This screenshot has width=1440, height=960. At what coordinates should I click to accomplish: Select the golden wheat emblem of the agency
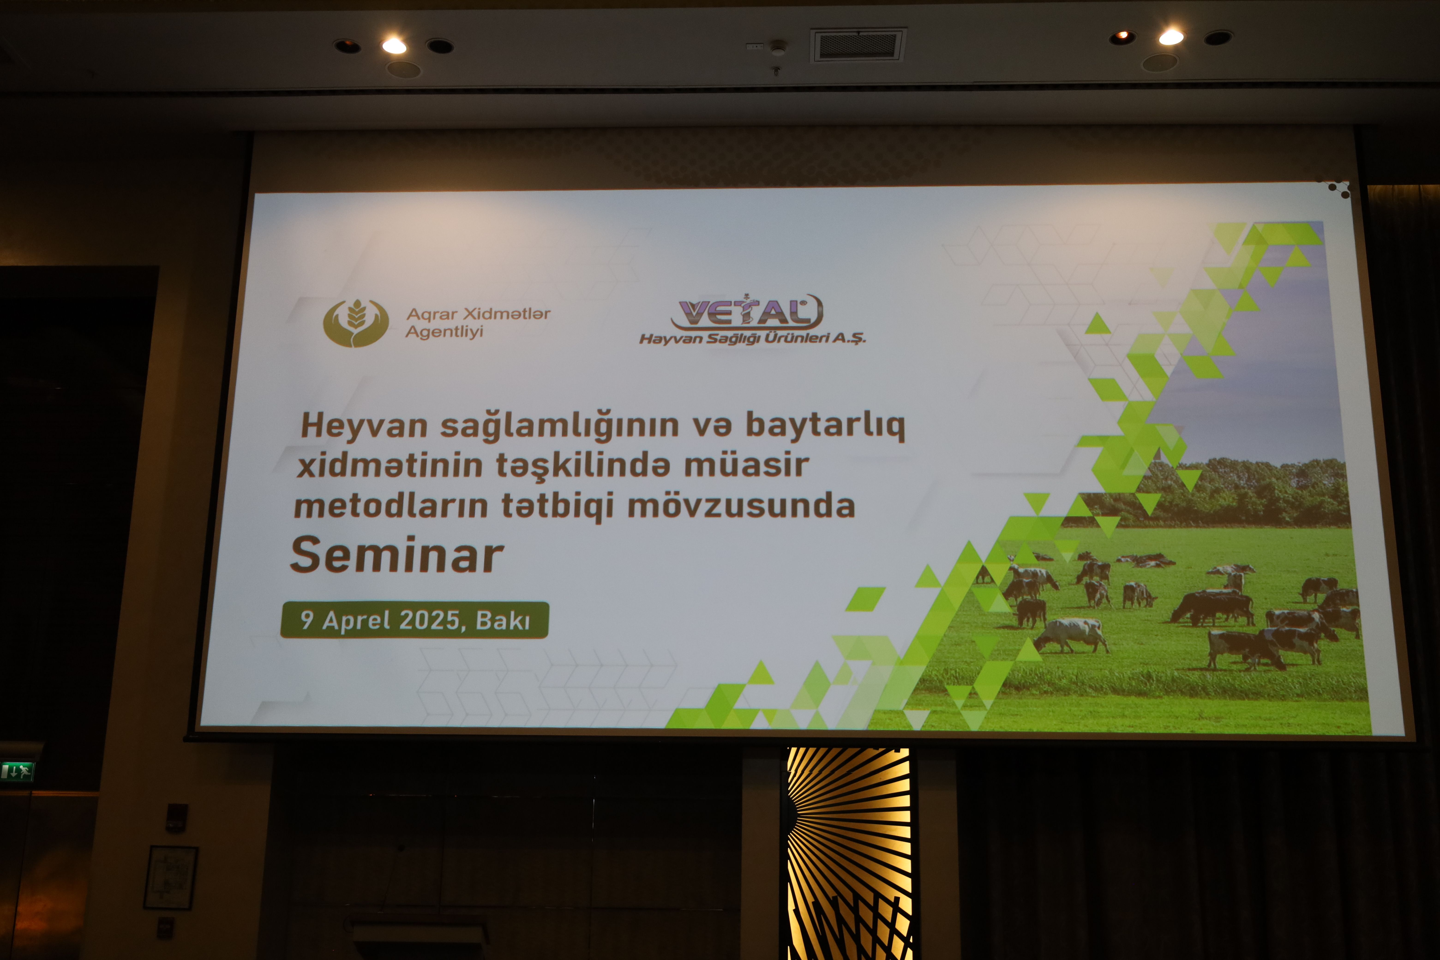coord(356,323)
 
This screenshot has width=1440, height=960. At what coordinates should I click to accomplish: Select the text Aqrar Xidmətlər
coord(478,314)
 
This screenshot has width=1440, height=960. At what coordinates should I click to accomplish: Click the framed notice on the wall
coord(171,877)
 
